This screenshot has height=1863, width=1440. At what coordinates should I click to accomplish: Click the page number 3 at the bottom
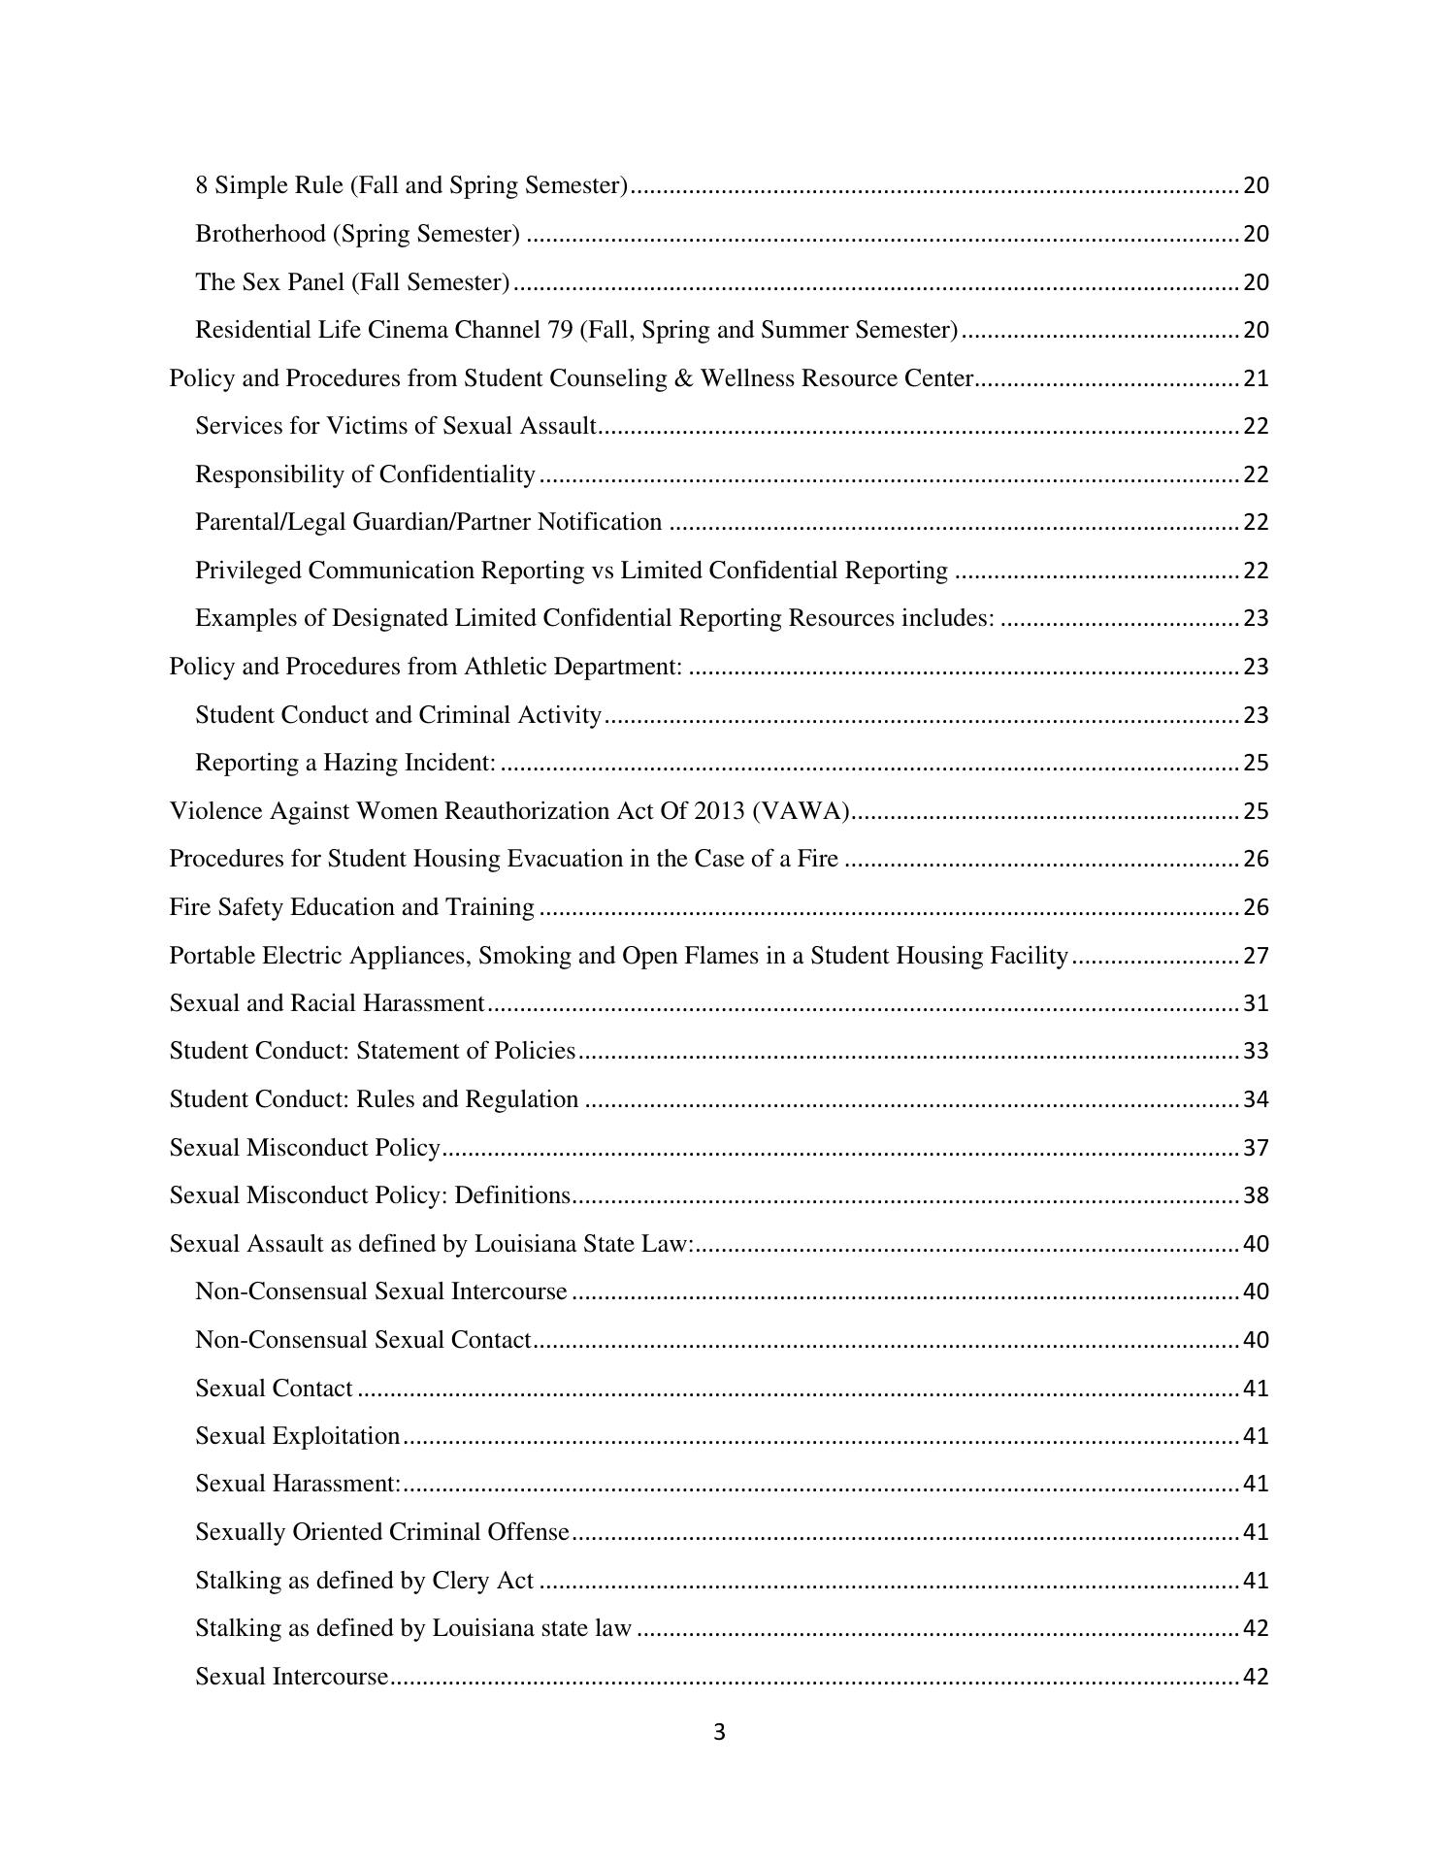(x=719, y=1732)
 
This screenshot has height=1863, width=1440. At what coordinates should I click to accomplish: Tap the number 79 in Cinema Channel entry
(x=560, y=330)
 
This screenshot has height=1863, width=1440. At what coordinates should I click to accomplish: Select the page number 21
(x=1256, y=378)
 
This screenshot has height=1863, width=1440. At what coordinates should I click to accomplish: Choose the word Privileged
(x=247, y=571)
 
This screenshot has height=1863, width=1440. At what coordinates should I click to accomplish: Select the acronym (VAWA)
(x=802, y=811)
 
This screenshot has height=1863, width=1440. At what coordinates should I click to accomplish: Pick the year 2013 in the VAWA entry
(x=719, y=811)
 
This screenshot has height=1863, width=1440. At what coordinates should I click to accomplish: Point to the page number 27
(x=1256, y=956)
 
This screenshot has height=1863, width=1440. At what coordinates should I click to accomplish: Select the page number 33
(x=1256, y=1052)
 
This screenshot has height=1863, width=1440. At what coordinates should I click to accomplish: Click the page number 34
(x=1256, y=1099)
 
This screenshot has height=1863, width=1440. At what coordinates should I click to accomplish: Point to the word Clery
(x=461, y=1581)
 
